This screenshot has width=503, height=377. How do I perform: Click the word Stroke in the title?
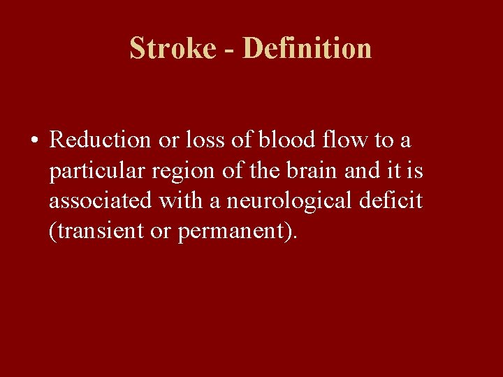pyautogui.click(x=173, y=48)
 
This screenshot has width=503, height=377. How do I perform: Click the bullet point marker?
pyautogui.click(x=34, y=141)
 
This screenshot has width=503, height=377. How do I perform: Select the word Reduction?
pyautogui.click(x=101, y=140)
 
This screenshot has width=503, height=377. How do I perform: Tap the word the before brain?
pyautogui.click(x=258, y=170)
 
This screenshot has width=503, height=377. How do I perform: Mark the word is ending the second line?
pyautogui.click(x=415, y=170)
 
